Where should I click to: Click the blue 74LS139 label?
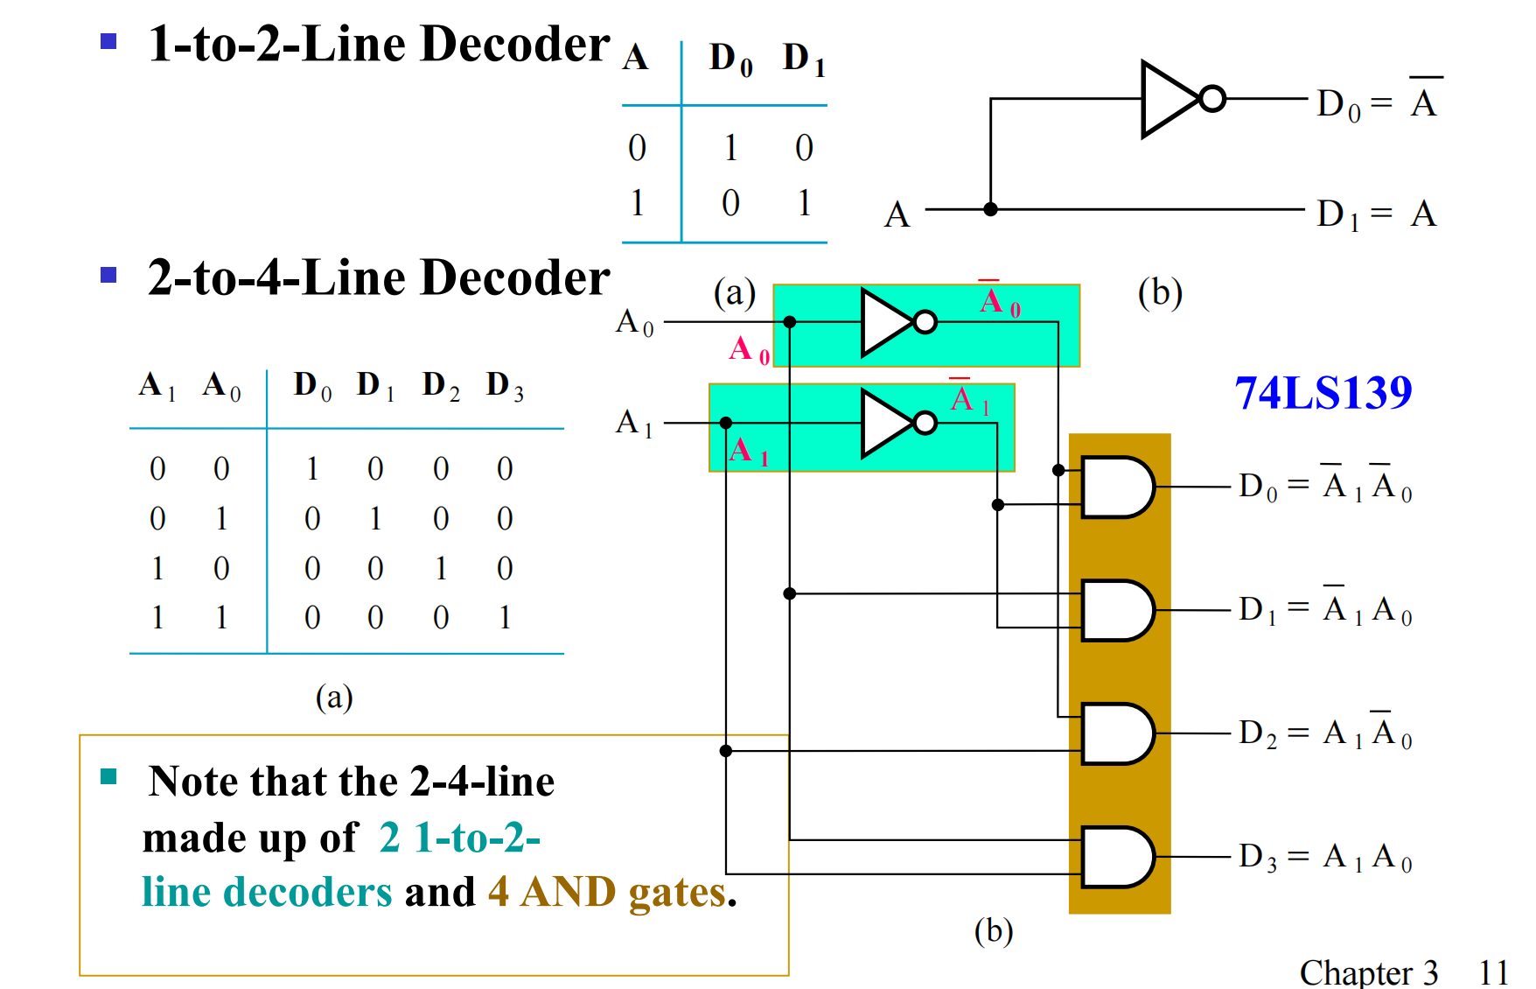pyautogui.click(x=1323, y=393)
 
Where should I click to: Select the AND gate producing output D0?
pyautogui.click(x=1117, y=487)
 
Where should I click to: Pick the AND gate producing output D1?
pyautogui.click(x=1117, y=610)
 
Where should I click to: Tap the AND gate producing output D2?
pyautogui.click(x=1117, y=733)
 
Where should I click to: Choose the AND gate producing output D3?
pyautogui.click(x=1117, y=857)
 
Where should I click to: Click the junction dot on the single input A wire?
pyautogui.click(x=990, y=209)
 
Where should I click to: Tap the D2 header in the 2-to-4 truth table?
pyautogui.click(x=440, y=385)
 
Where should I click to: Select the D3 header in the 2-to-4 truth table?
pyautogui.click(x=505, y=385)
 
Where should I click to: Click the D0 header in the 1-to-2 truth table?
pyautogui.click(x=730, y=59)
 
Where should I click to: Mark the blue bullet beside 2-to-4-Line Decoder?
pyautogui.click(x=108, y=276)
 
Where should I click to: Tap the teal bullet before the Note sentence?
pyautogui.click(x=108, y=776)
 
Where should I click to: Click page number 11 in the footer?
pyautogui.click(x=1493, y=972)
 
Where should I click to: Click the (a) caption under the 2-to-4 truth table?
pyautogui.click(x=334, y=698)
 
